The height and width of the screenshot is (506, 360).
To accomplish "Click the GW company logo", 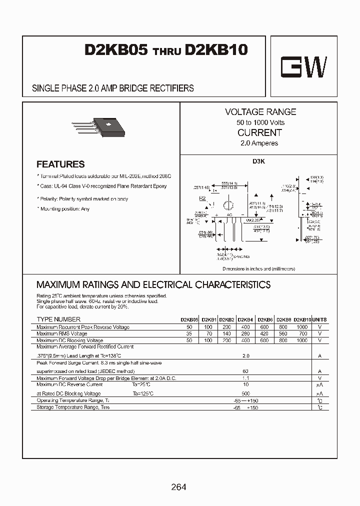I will point(303,66).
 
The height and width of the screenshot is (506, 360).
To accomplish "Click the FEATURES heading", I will point(60,164).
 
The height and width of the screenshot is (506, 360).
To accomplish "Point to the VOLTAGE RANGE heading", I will point(260,112).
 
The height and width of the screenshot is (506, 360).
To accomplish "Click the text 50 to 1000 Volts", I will point(260,122).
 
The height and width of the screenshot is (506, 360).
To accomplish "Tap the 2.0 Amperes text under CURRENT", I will point(259,143).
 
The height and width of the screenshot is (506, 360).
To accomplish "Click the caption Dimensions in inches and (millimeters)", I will point(259,268).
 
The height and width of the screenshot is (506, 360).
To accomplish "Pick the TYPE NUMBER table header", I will point(58,319).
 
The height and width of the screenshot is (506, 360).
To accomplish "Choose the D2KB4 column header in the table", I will point(245,319).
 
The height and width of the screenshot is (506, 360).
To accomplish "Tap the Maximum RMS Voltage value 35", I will point(189,333).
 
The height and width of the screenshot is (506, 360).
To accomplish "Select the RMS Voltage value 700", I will point(302,333).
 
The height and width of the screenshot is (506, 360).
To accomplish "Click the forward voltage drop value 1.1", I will point(245,378).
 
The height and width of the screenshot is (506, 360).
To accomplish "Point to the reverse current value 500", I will point(245,394).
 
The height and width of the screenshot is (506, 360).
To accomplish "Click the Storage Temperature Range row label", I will point(73,407).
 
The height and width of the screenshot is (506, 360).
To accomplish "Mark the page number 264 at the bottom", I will point(178,487).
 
